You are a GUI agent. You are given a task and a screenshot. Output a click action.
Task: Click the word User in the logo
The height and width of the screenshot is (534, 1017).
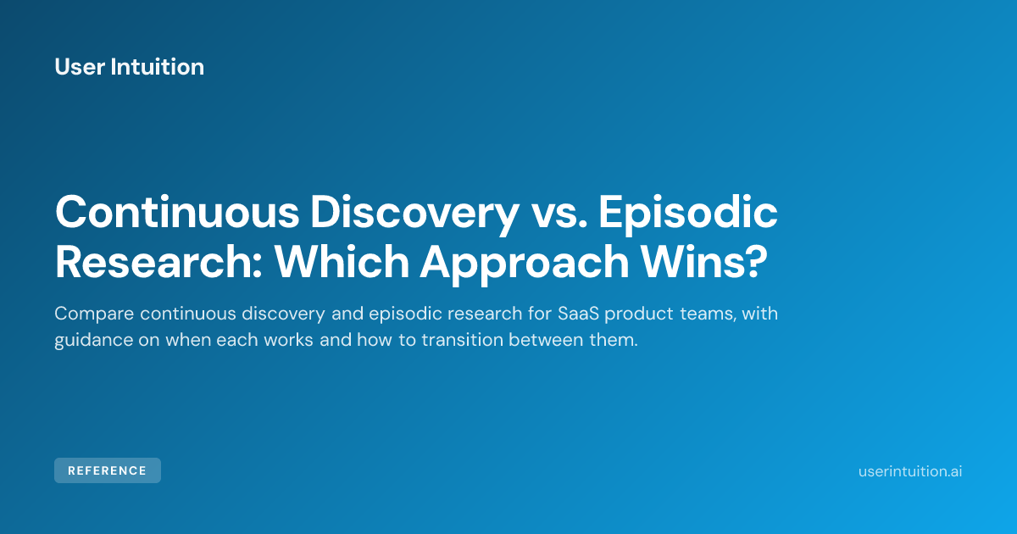80,67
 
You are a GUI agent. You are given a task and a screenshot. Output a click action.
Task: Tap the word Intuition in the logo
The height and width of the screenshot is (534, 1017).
158,67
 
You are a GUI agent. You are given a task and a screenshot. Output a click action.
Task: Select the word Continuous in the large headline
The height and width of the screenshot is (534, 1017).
177,212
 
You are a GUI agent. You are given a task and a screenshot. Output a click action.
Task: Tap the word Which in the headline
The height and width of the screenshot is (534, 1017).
342,261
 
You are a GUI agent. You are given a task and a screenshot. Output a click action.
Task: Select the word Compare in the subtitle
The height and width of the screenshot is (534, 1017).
94,314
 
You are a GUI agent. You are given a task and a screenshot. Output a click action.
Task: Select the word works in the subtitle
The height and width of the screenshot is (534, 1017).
288,340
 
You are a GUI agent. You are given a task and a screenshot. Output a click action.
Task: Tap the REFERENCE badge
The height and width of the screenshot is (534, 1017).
108,470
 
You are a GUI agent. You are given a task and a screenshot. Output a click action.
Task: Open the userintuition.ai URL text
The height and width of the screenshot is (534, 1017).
910,471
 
